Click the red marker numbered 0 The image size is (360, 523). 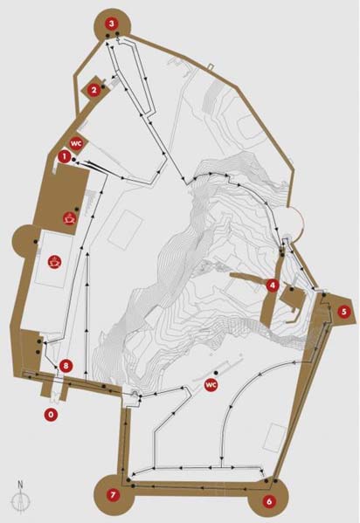[51, 415]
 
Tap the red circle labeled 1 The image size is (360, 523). [64, 155]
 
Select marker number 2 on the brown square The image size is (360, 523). [93, 90]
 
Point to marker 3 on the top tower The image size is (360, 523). [112, 24]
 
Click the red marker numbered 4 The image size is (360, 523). [273, 286]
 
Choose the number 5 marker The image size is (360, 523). [344, 312]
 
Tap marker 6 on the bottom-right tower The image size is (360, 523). [269, 501]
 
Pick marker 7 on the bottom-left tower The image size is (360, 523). [113, 495]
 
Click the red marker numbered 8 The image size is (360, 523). [66, 366]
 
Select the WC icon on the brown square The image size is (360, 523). [75, 144]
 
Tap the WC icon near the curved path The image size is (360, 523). [211, 384]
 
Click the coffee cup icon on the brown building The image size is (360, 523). [69, 218]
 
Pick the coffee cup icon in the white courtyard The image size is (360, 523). [54, 262]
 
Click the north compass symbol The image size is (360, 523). [21, 500]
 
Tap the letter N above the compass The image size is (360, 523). [21, 485]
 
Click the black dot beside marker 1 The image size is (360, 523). [73, 160]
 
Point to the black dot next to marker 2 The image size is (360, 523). [103, 87]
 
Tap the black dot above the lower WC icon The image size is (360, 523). [216, 372]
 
